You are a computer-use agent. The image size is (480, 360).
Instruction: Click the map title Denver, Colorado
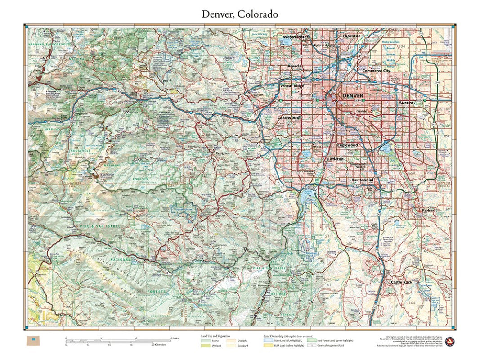pyautogui.click(x=239, y=14)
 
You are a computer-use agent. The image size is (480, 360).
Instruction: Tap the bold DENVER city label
pyautogui.click(x=352, y=96)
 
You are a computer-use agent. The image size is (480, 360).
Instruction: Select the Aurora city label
pyautogui.click(x=405, y=103)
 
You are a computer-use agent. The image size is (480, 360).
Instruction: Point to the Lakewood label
pyautogui.click(x=288, y=117)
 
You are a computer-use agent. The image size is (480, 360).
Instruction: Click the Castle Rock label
pyautogui.click(x=401, y=282)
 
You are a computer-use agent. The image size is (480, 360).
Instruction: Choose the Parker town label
pyautogui.click(x=427, y=211)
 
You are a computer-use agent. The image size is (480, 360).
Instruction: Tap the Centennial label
pyautogui.click(x=363, y=180)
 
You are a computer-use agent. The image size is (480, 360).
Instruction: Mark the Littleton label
pyautogui.click(x=335, y=159)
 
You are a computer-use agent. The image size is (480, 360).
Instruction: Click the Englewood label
pyautogui.click(x=347, y=145)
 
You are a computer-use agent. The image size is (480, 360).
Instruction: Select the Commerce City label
pyautogui.click(x=376, y=71)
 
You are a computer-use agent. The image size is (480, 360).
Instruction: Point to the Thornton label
pyautogui.click(x=351, y=36)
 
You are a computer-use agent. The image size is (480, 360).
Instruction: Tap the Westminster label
pyautogui.click(x=296, y=37)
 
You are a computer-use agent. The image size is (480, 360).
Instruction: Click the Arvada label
pyautogui.click(x=295, y=66)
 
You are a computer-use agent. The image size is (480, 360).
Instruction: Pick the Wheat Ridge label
pyautogui.click(x=292, y=85)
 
